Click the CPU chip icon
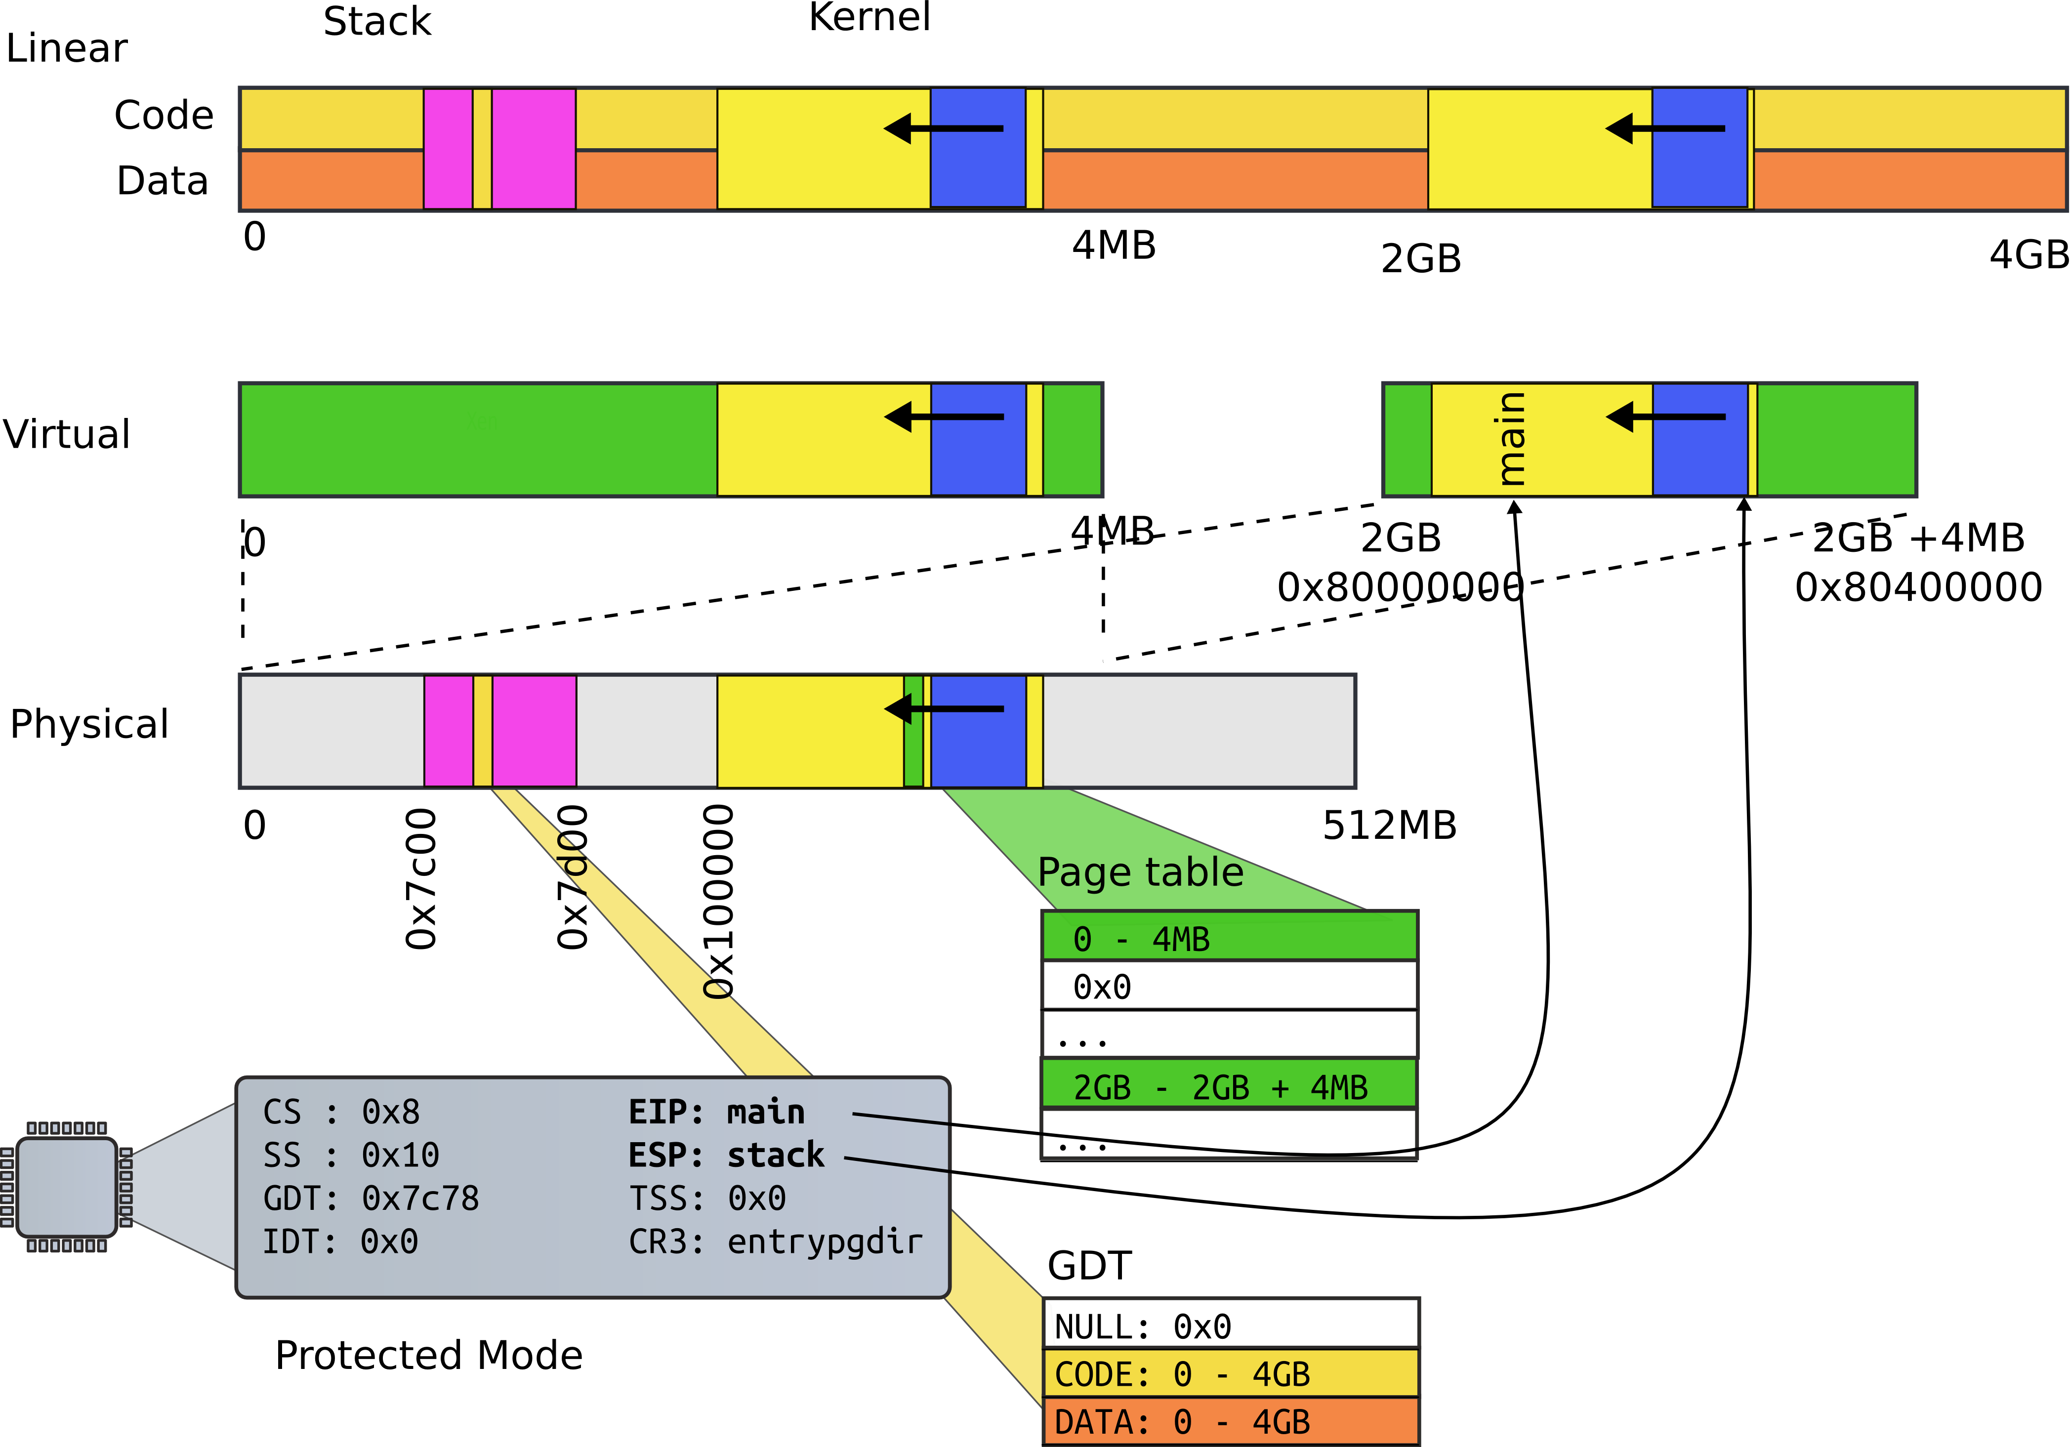click(x=67, y=1187)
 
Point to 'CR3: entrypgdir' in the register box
click(x=775, y=1242)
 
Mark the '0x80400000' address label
click(x=1918, y=587)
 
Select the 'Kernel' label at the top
click(x=869, y=17)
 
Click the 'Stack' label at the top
click(x=377, y=22)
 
